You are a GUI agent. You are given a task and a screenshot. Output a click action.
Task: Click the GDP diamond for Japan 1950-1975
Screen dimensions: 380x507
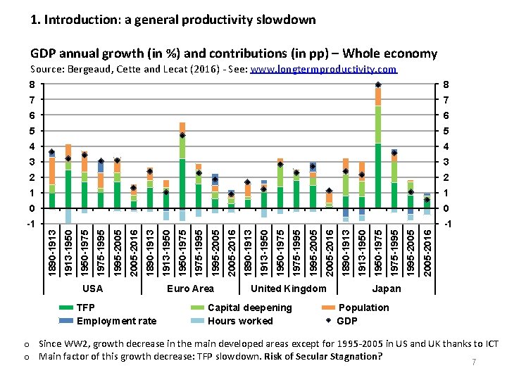pos(378,85)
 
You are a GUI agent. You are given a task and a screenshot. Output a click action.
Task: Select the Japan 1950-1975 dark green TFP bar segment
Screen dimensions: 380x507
pos(378,176)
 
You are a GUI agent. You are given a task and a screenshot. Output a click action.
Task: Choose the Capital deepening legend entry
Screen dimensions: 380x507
pos(249,308)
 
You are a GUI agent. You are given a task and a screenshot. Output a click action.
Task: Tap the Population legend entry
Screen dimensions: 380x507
pos(363,308)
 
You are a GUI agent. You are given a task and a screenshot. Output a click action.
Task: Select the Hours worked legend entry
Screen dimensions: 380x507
pos(240,321)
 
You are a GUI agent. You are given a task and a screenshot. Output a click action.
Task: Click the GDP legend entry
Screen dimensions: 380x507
pos(347,321)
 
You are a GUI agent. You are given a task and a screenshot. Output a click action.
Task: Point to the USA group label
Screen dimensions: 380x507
pos(92,289)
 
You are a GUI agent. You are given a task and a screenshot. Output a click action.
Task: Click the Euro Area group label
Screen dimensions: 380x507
pos(190,289)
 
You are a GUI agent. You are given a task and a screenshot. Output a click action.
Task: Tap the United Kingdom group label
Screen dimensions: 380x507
pos(289,289)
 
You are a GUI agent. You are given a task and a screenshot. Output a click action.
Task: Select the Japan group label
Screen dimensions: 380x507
pos(387,289)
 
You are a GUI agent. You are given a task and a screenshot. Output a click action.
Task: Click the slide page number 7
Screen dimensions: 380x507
pos(474,362)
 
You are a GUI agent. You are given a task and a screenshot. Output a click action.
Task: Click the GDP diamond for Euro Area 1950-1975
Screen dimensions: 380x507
pos(182,135)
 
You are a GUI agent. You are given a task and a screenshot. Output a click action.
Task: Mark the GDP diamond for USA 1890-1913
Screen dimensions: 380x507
pos(52,153)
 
